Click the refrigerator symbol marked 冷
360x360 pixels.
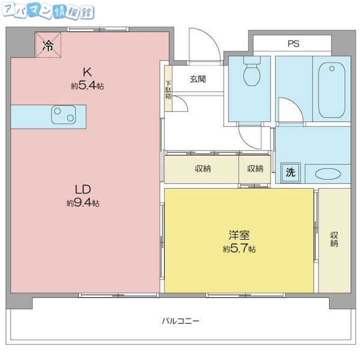point(48,45)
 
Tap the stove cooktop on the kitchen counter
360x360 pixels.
point(63,115)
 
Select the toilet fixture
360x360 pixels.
point(252,71)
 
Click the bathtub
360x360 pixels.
point(331,90)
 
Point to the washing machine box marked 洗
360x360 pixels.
point(291,172)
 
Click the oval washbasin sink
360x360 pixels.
point(327,174)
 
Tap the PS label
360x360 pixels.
point(293,43)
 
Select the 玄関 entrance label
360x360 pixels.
point(198,79)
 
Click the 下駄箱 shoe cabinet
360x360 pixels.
point(168,88)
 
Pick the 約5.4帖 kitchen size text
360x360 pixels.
point(87,86)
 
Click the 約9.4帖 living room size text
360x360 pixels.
point(83,203)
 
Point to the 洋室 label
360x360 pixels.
point(239,234)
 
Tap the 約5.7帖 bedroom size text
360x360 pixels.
point(239,248)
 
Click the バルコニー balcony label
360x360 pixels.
point(180,320)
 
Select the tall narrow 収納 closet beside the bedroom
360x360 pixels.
point(334,240)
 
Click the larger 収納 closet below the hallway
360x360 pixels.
point(201,169)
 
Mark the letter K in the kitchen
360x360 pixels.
point(87,72)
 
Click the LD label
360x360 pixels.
point(83,189)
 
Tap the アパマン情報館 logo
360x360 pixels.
point(48,10)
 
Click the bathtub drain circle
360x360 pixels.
point(332,68)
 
